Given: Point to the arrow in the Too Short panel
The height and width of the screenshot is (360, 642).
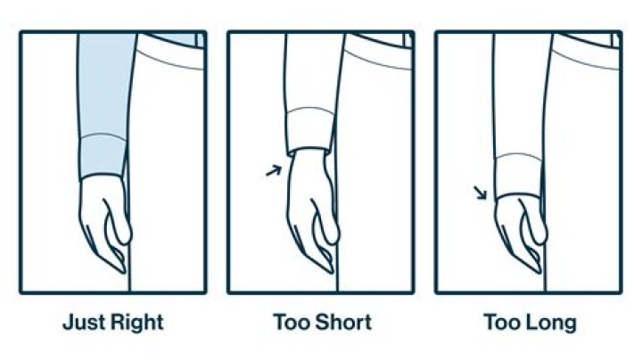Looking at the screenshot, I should click(x=273, y=168).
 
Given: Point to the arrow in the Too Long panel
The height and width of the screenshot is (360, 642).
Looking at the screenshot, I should click(x=481, y=192).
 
